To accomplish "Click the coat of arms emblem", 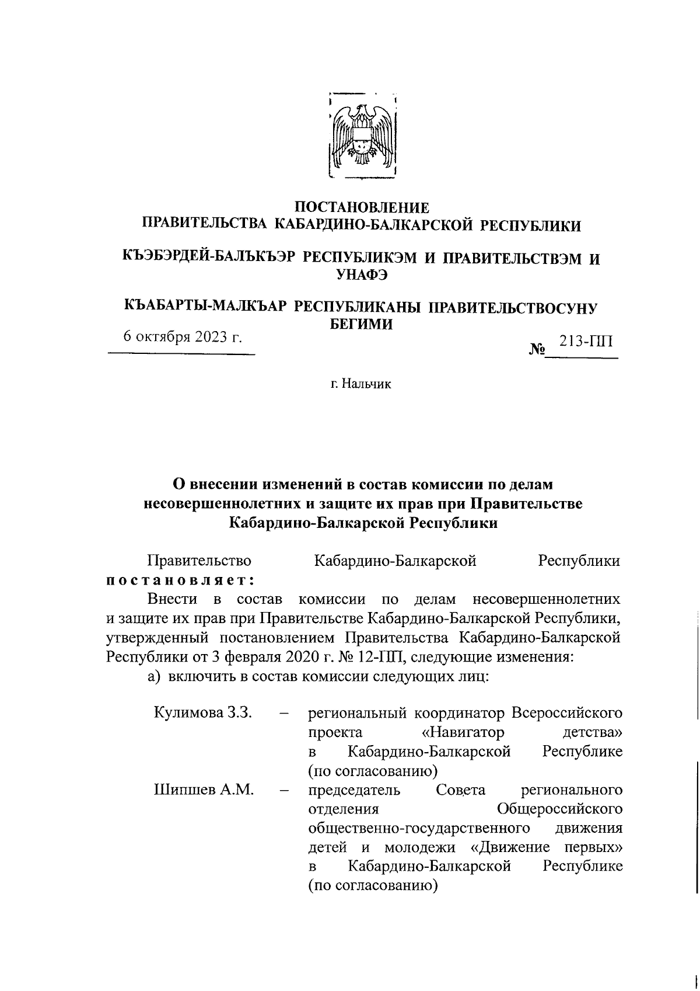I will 362,135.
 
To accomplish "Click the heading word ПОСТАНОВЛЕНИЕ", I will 362,207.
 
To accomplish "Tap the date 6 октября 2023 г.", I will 182,338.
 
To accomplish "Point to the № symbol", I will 536,350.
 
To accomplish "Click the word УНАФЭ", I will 362,275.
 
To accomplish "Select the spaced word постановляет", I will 180,580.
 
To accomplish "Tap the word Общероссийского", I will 559,809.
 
